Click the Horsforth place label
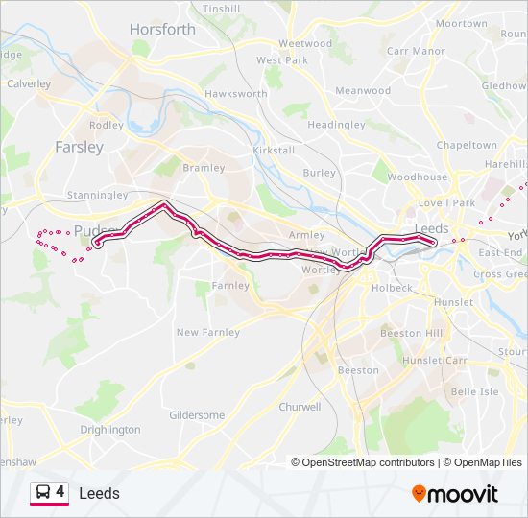[162, 30]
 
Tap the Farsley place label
[79, 147]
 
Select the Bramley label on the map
[204, 168]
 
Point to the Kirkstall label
[273, 152]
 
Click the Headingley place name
[336, 125]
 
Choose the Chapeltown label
[467, 145]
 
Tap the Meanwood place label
[363, 91]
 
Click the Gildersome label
[197, 415]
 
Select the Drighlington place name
[108, 430]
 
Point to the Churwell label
[300, 407]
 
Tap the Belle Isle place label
[475, 391]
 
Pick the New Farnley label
[207, 332]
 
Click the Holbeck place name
[393, 287]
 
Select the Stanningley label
[97, 195]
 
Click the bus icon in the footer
[43, 493]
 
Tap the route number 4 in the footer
[60, 492]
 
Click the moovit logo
[456, 494]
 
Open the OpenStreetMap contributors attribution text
[368, 462]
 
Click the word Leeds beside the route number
[99, 493]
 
